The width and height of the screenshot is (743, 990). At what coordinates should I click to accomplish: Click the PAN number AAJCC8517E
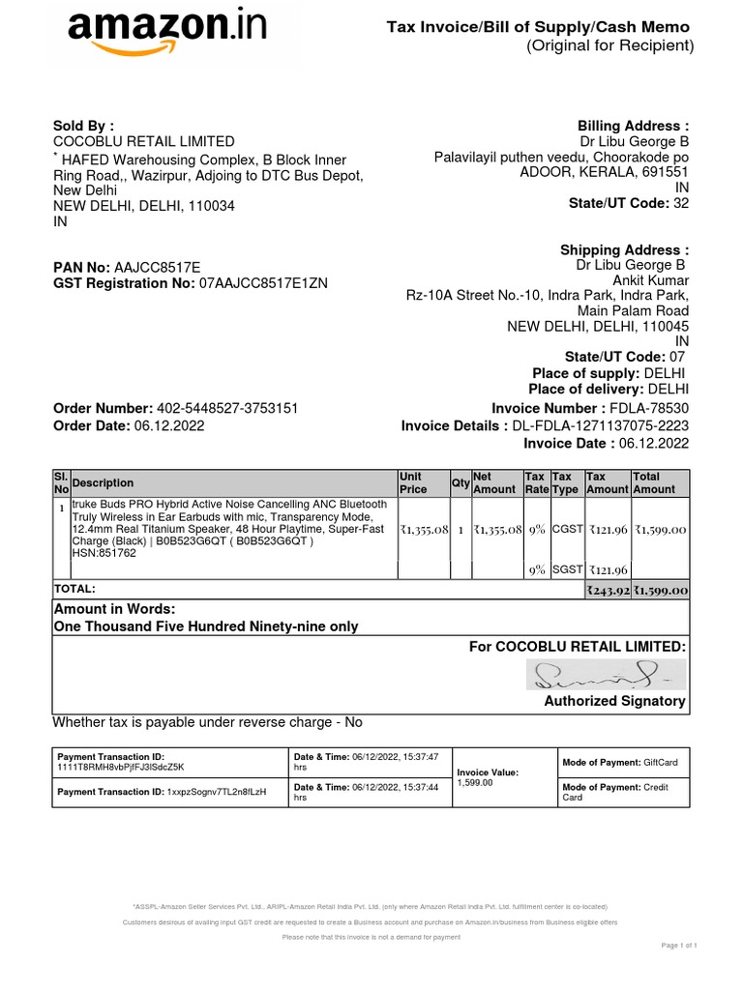[158, 266]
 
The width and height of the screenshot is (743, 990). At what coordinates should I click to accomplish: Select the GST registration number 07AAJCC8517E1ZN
[263, 283]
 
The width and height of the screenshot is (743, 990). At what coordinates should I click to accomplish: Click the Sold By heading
[83, 125]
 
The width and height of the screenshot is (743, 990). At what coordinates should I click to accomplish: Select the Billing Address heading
[633, 126]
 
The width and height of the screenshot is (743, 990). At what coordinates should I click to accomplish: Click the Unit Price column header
[413, 482]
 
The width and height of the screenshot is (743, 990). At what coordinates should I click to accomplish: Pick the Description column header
[104, 482]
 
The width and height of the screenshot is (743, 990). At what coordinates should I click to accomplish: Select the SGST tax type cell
[566, 570]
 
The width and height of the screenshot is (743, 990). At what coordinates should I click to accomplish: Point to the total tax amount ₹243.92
[608, 590]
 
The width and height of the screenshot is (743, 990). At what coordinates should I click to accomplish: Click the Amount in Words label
[115, 608]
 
